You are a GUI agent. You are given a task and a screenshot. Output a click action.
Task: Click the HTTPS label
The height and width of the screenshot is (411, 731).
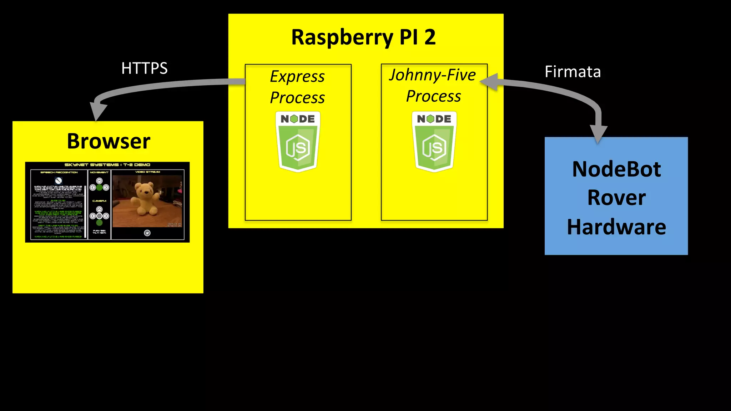click(144, 68)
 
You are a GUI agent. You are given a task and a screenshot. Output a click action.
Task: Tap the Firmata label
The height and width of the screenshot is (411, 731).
click(573, 72)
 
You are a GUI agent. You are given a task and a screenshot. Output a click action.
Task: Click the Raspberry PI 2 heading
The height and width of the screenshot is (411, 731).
click(363, 37)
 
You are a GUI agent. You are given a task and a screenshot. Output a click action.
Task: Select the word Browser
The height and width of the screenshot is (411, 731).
click(109, 141)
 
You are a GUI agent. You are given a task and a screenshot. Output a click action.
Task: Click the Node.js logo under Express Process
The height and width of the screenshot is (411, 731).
click(298, 142)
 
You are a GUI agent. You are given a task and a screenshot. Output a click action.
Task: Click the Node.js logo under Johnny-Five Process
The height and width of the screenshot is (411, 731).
click(434, 142)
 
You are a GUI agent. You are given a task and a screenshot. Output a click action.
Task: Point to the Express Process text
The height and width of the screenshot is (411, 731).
click(297, 87)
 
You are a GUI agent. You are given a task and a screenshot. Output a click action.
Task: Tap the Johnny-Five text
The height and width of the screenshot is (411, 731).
click(432, 75)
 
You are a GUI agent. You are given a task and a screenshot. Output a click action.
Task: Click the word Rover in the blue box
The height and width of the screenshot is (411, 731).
click(616, 198)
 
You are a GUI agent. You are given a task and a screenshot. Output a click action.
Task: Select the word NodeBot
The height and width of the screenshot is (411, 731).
click(616, 169)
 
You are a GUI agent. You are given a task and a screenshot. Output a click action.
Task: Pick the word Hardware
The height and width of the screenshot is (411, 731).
click(616, 227)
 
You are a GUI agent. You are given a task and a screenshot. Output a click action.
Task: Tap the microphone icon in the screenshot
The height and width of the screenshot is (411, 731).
click(59, 181)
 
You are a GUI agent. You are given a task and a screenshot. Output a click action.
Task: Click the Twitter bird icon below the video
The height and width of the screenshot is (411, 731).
click(147, 233)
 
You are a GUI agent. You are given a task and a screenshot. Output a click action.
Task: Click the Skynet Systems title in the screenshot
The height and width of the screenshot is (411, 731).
click(107, 165)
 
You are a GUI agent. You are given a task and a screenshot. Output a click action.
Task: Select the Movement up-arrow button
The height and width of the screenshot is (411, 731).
click(99, 181)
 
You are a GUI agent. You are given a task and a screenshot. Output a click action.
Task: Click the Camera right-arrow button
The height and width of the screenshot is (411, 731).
click(106, 216)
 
